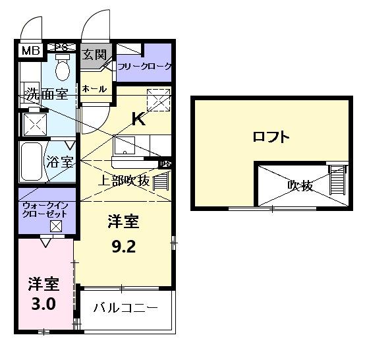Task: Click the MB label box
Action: [x=30, y=50]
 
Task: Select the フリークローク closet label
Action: [x=144, y=67]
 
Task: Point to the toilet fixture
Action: [x=63, y=68]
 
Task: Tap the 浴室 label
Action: [x=59, y=162]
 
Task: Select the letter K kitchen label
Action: [x=138, y=119]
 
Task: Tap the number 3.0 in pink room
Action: [x=43, y=305]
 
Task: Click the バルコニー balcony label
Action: [x=125, y=308]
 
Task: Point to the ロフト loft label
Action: [x=271, y=137]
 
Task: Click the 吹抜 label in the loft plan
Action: [x=300, y=185]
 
